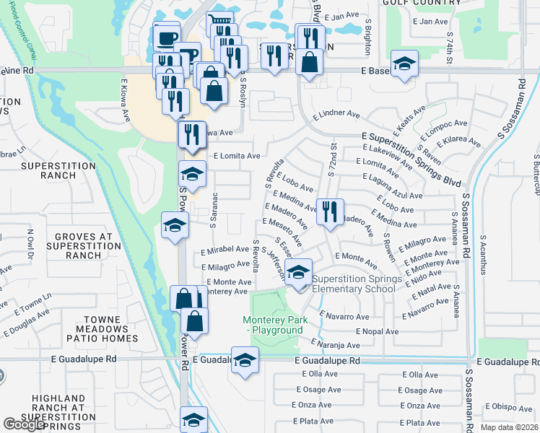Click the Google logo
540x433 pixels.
23,424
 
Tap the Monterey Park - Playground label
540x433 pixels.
276,325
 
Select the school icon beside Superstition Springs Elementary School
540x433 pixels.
298,274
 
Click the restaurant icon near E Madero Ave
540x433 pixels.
330,212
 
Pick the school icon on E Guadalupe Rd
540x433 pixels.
245,360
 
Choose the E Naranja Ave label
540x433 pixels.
335,345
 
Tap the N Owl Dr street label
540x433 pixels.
31,244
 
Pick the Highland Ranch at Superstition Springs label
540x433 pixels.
59,408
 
